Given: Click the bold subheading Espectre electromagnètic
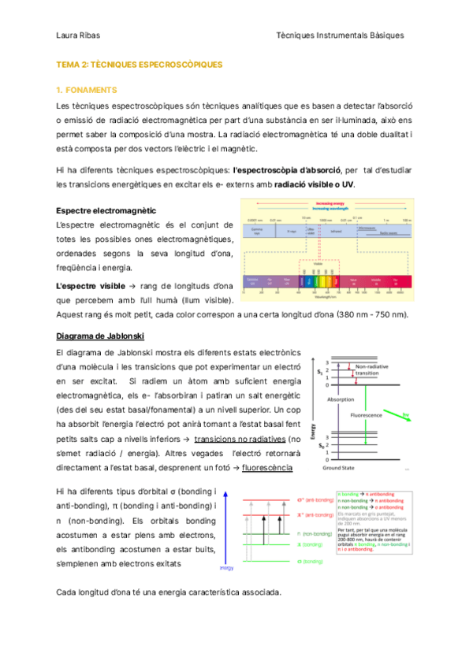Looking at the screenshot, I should coord(106,210).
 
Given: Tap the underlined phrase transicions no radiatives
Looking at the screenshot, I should coord(240,438).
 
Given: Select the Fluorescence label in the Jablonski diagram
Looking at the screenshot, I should coord(367,414).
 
